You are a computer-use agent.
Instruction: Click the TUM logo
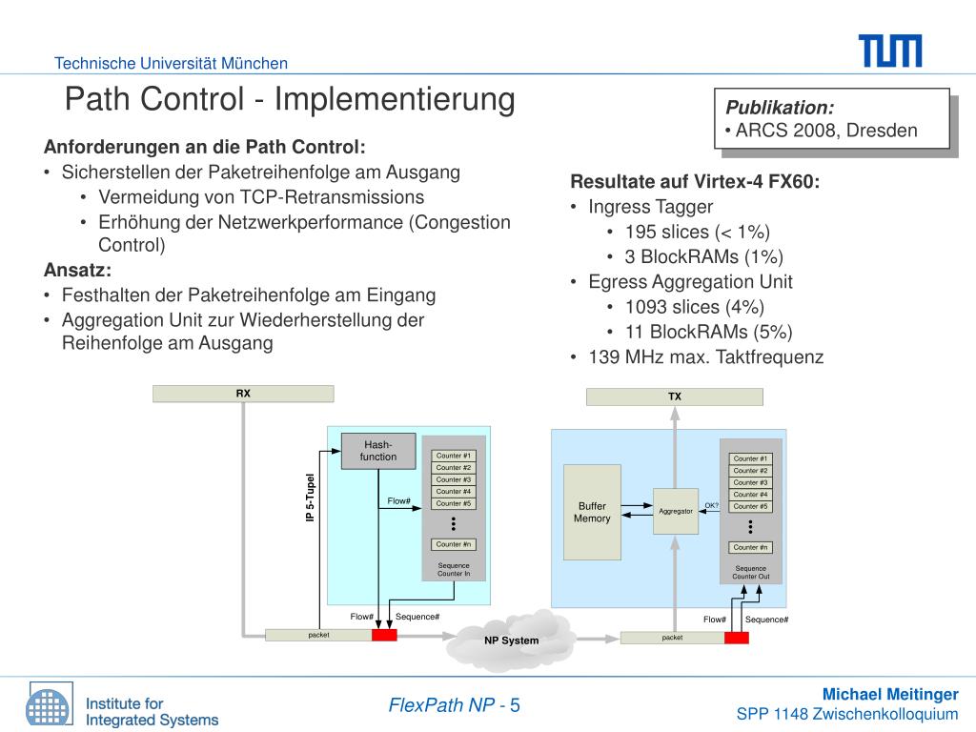(889, 51)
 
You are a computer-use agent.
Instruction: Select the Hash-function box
(378, 451)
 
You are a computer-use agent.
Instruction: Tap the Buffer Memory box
(592, 512)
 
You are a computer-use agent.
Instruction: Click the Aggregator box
(676, 511)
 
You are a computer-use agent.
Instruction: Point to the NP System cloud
(511, 639)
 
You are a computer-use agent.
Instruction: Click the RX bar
(243, 393)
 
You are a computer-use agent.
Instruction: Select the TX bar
(674, 396)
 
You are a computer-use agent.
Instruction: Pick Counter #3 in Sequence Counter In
(454, 479)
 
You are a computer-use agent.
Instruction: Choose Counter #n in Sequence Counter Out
(751, 547)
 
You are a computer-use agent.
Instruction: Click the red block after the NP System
(736, 638)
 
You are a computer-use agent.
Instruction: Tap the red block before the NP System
(384, 636)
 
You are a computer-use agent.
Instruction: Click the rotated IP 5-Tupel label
(310, 498)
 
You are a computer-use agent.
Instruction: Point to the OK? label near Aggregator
(711, 505)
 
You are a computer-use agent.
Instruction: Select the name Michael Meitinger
(890, 694)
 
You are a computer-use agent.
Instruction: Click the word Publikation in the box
(780, 107)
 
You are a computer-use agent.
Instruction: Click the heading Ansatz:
(77, 270)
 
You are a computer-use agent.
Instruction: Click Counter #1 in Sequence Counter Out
(751, 458)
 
